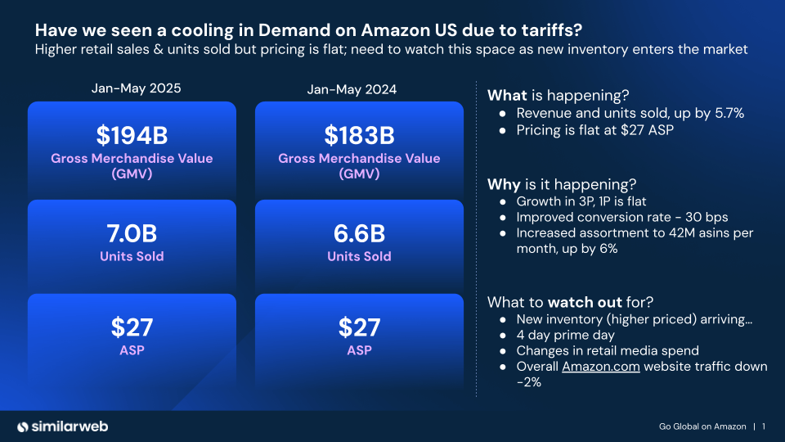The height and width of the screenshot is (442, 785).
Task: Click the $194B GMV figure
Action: coord(132,134)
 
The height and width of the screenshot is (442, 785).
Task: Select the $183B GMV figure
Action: coord(359,134)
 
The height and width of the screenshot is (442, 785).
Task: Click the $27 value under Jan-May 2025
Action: coord(132,327)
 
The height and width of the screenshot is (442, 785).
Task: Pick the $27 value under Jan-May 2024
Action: coord(359,327)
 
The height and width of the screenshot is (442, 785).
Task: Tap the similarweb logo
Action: coord(63,426)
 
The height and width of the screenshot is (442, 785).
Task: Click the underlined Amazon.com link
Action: coord(600,367)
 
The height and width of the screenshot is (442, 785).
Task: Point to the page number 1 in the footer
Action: coord(763,426)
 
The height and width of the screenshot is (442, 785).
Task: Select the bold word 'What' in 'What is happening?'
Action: coord(506,94)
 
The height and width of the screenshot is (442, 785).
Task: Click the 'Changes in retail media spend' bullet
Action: coord(607,351)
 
